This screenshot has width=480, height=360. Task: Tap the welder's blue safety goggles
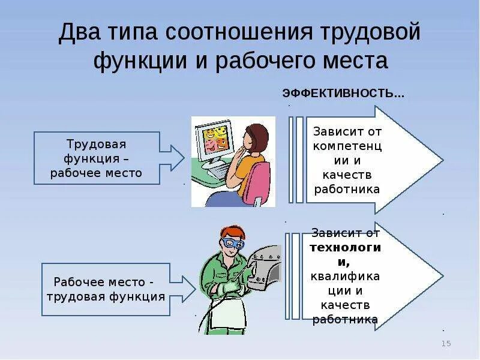tap(232, 244)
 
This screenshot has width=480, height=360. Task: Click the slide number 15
tap(446, 343)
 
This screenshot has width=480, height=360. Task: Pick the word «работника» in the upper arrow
tap(347, 188)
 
